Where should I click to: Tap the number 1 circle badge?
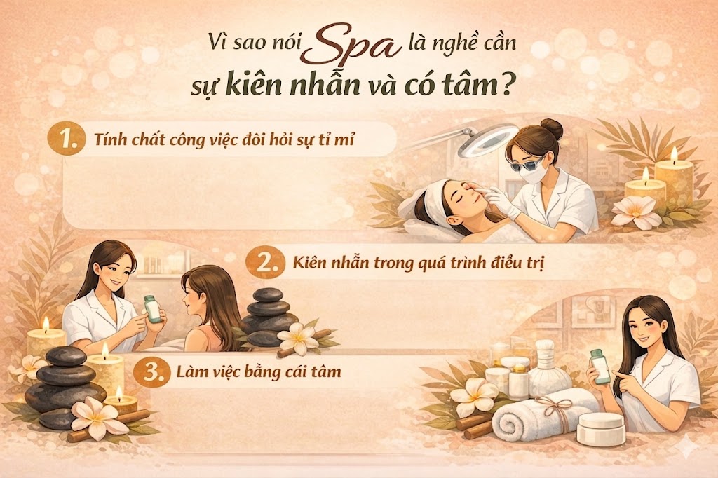point(67,139)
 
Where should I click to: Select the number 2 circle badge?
point(264,264)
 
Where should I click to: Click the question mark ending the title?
point(506,86)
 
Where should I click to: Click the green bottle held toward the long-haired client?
point(152,308)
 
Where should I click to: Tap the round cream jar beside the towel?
point(601,428)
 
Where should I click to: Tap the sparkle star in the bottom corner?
point(688,446)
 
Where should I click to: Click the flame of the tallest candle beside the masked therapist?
point(674,155)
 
